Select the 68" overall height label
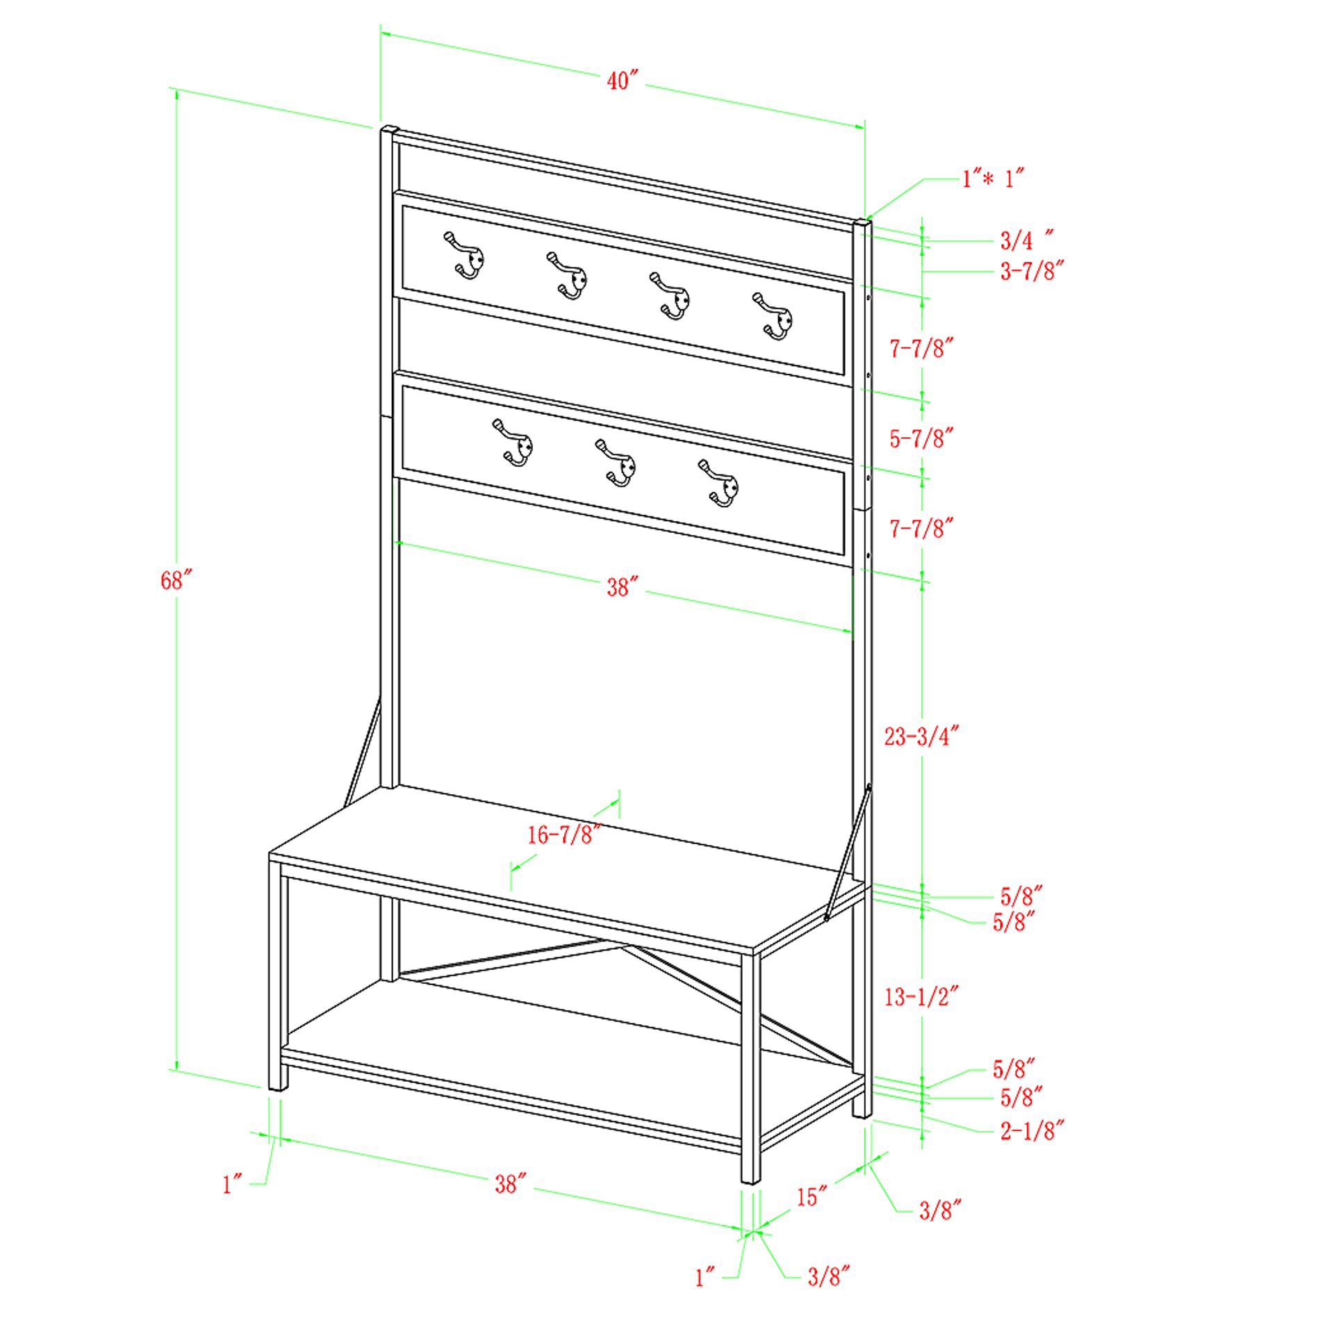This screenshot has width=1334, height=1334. (176, 579)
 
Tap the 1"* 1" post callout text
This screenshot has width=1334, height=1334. (994, 179)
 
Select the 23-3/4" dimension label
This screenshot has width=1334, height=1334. (922, 736)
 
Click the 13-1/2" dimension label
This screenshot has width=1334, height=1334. (922, 997)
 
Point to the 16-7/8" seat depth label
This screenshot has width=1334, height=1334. (564, 834)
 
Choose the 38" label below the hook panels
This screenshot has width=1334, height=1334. (620, 587)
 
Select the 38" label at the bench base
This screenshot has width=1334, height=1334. (511, 1183)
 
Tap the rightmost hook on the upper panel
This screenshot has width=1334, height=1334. (773, 316)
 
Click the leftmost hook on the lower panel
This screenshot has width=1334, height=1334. (513, 442)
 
